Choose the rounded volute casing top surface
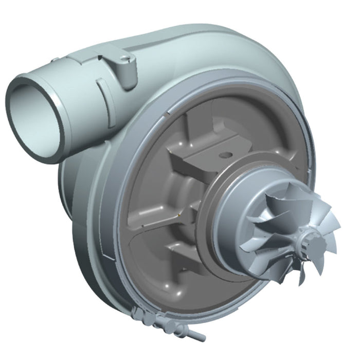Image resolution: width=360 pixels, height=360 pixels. (206, 46)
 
